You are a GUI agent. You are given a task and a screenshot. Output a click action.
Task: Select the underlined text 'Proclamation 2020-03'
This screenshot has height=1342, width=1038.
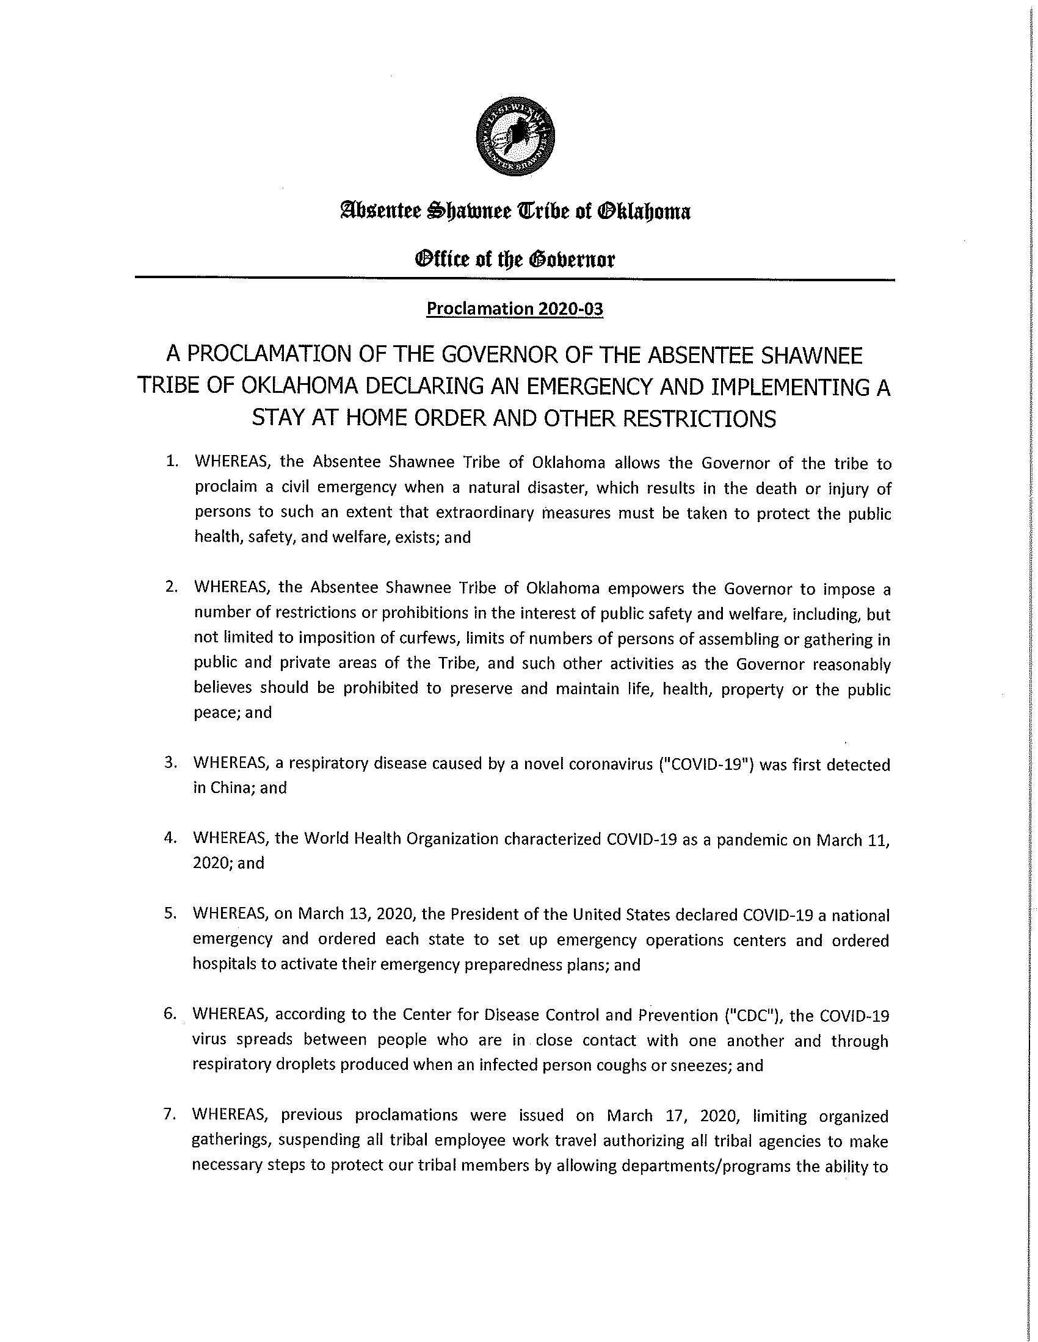point(515,309)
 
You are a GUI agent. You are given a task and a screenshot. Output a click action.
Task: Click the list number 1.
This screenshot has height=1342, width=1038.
point(172,462)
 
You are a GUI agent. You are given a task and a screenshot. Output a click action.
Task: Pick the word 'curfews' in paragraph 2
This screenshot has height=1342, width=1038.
point(431,639)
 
